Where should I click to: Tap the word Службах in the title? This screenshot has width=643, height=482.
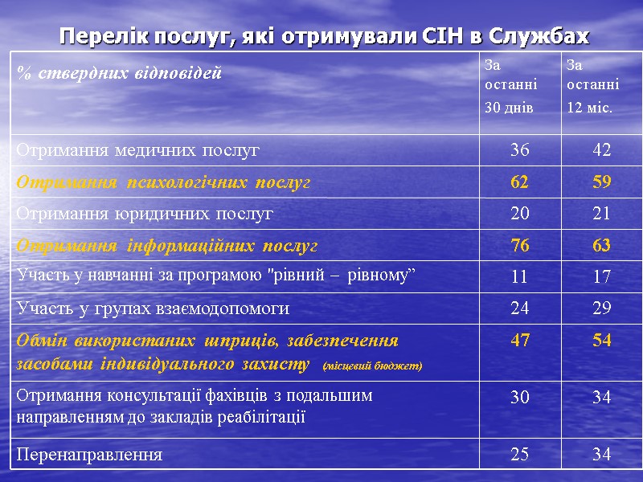[539, 36]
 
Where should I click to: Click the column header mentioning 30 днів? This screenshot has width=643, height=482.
[510, 84]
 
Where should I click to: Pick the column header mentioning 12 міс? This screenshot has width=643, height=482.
[592, 84]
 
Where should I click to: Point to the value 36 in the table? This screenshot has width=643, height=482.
[520, 150]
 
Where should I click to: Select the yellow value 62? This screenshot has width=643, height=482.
[520, 182]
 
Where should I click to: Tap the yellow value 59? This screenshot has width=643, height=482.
[602, 182]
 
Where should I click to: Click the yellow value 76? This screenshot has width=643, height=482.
[520, 245]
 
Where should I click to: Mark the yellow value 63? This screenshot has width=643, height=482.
[602, 245]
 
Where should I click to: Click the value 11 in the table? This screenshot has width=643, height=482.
[520, 277]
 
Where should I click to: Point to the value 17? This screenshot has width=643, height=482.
[602, 277]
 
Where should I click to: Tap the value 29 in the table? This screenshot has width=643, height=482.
[602, 308]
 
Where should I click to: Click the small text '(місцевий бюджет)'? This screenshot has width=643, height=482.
[371, 367]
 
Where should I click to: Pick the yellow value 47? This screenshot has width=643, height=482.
[520, 340]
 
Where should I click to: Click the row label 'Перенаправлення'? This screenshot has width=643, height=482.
[89, 455]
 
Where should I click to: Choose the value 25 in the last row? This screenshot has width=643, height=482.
[520, 455]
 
